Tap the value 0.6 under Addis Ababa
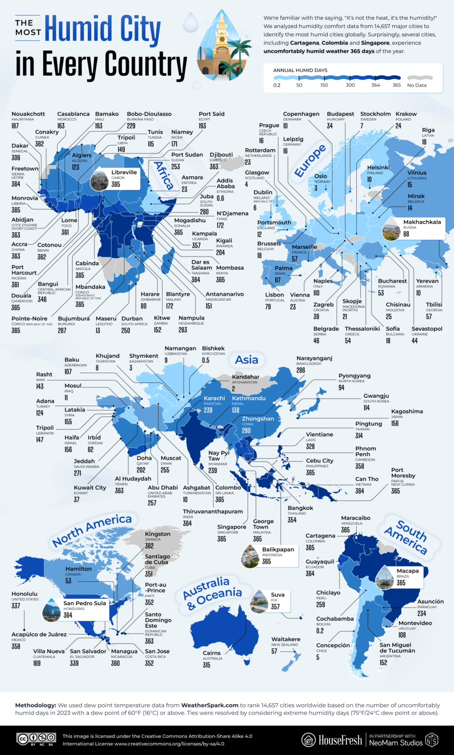pyautogui.click(x=221, y=198)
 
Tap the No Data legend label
pyautogui.click(x=417, y=86)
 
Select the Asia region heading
pyautogui.click(x=247, y=359)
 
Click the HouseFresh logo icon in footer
pyautogui.click(x=309, y=739)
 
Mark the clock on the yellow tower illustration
pyautogui.click(x=222, y=39)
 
